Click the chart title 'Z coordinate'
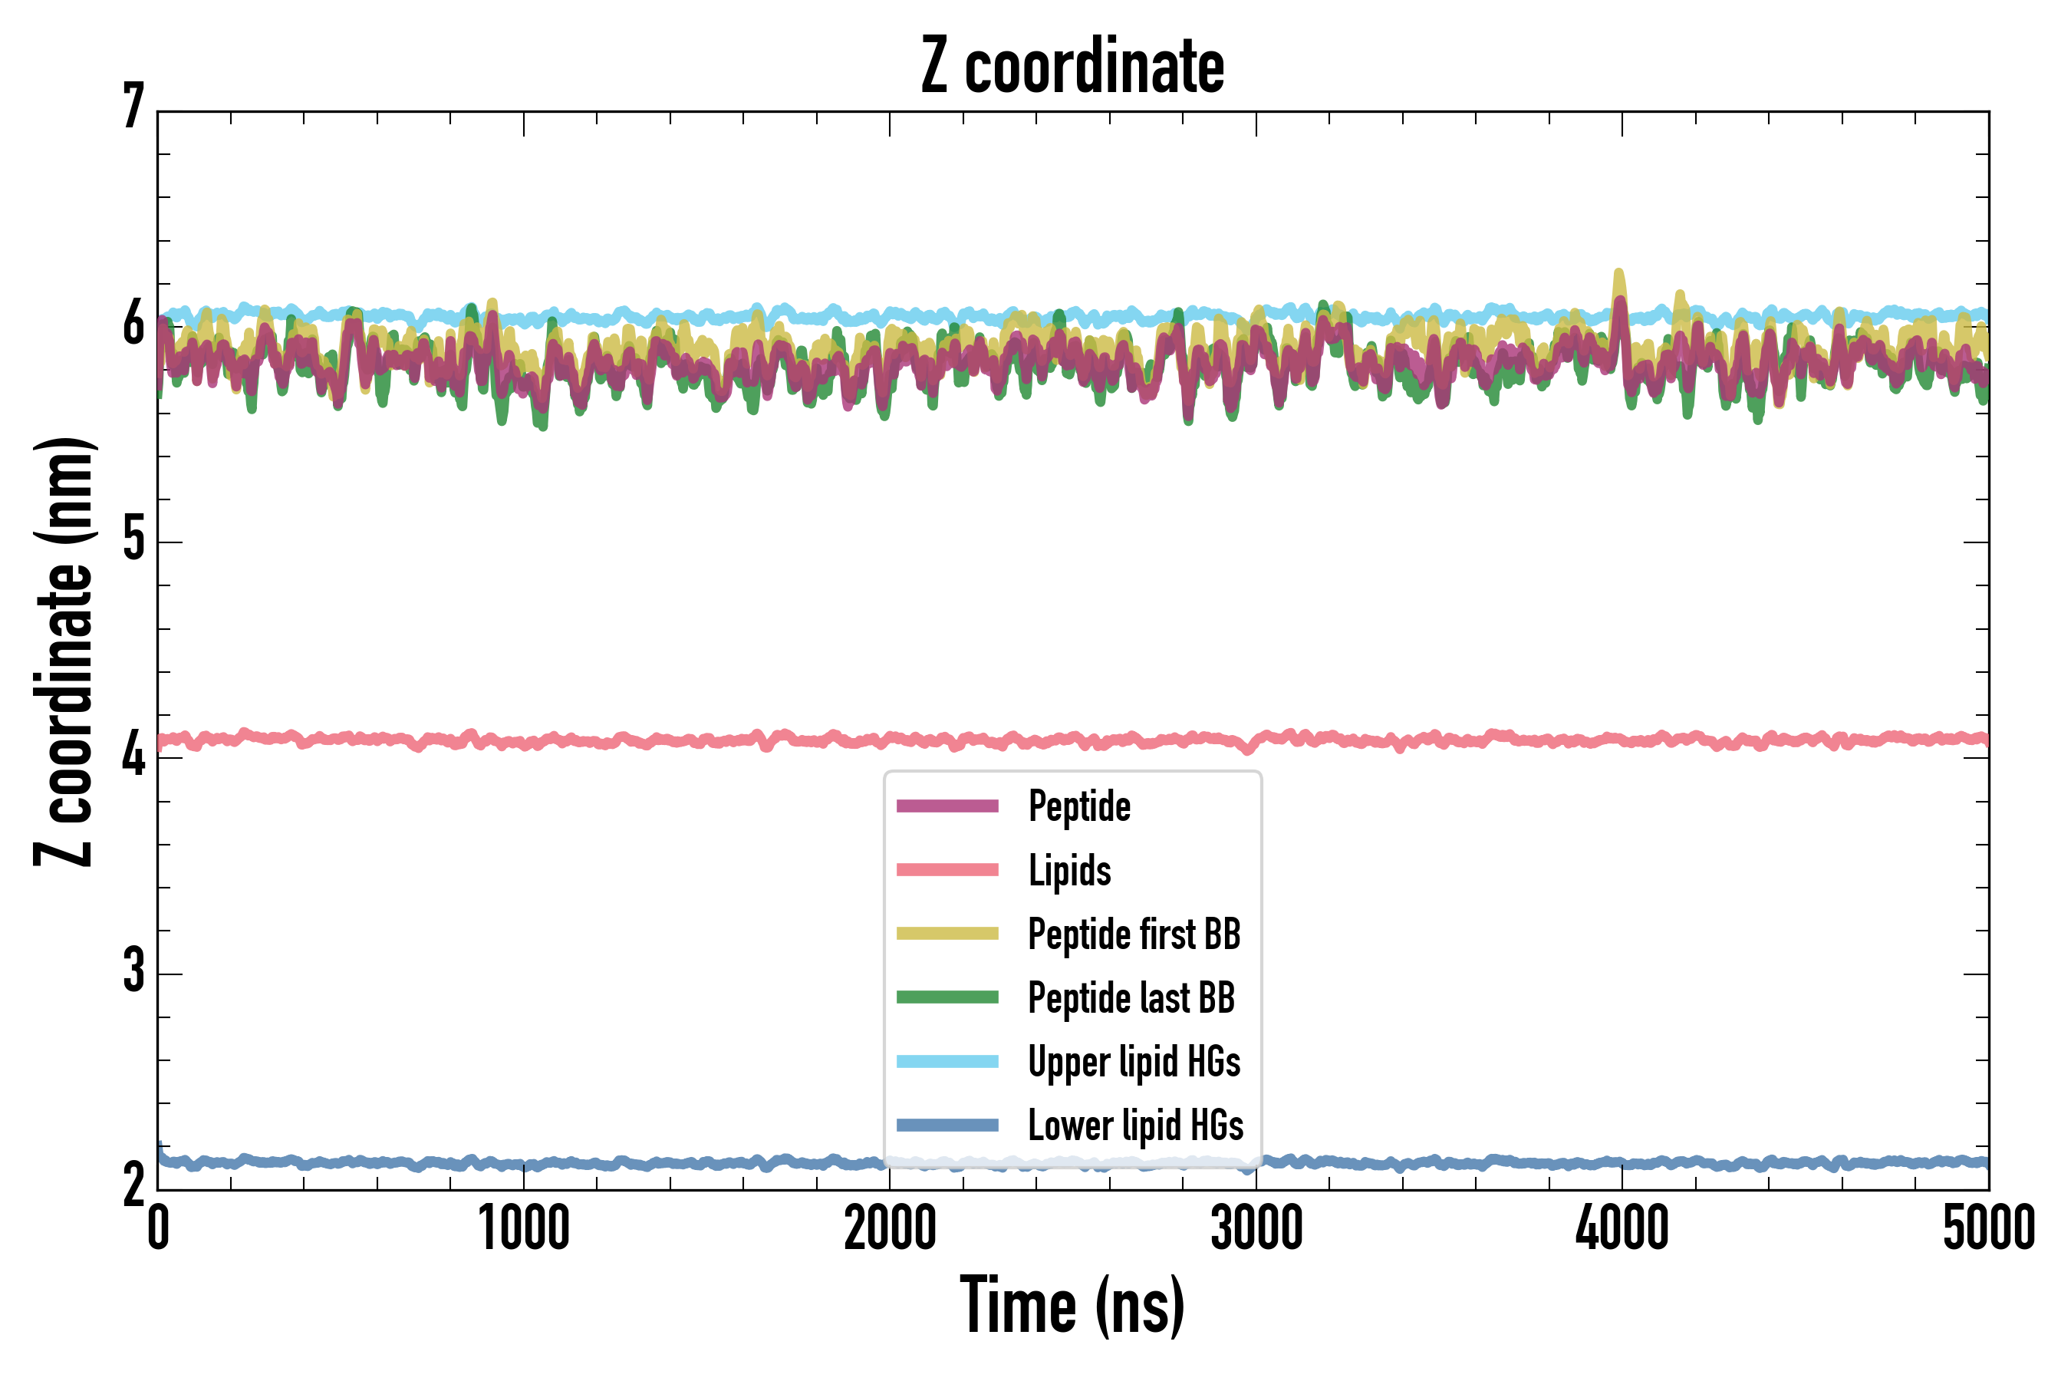point(1072,67)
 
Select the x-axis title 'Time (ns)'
point(1072,1305)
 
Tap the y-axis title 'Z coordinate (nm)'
point(64,651)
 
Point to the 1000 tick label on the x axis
point(524,1228)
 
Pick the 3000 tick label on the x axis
point(1256,1228)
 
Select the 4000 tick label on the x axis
point(1622,1228)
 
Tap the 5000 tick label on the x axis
point(1988,1228)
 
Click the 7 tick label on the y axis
point(133,107)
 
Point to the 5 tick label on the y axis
point(133,539)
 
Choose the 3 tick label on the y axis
point(133,971)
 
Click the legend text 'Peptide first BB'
point(1134,934)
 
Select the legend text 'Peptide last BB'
point(1131,998)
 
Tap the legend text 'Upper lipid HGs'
point(1134,1062)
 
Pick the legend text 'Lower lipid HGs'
point(1136,1126)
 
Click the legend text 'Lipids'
point(1070,870)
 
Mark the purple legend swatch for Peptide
point(947,806)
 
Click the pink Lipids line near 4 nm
point(617,740)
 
